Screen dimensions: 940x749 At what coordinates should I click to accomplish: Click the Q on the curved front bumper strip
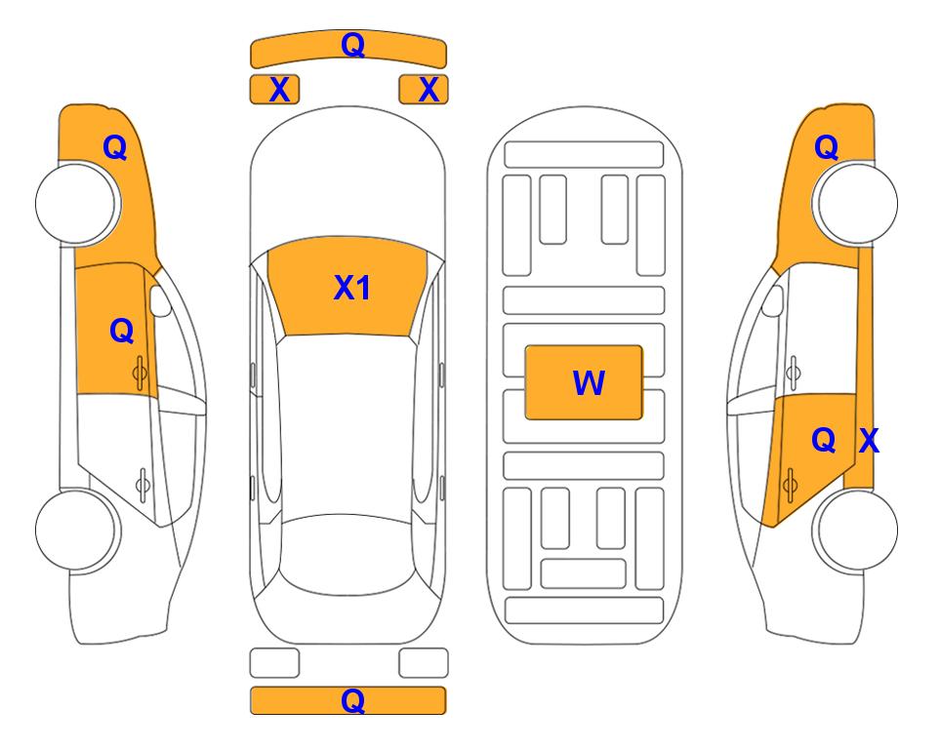tap(352, 45)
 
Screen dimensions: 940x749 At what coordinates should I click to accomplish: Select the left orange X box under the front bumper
tap(274, 90)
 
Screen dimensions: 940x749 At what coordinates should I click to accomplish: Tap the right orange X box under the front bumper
tap(424, 90)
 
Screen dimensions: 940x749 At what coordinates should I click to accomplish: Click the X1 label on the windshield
tap(352, 288)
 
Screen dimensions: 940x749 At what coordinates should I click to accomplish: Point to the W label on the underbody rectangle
tap(589, 383)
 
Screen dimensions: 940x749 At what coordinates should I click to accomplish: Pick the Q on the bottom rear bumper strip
tap(352, 700)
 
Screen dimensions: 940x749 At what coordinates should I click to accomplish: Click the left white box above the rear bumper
tap(274, 663)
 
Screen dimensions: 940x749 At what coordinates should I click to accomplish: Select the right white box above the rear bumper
tap(424, 663)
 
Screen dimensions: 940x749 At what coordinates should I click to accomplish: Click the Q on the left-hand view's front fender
tap(115, 147)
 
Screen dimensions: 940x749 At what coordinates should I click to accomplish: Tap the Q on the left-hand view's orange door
tap(122, 331)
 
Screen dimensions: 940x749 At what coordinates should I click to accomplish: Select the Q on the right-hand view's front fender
tap(826, 147)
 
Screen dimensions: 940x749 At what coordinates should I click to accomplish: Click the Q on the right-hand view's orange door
tap(824, 441)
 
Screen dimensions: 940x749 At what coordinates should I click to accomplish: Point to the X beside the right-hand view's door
tap(870, 441)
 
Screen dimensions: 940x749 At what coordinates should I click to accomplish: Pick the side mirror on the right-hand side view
tap(773, 300)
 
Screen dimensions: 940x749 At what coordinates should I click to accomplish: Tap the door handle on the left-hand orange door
tap(140, 373)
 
